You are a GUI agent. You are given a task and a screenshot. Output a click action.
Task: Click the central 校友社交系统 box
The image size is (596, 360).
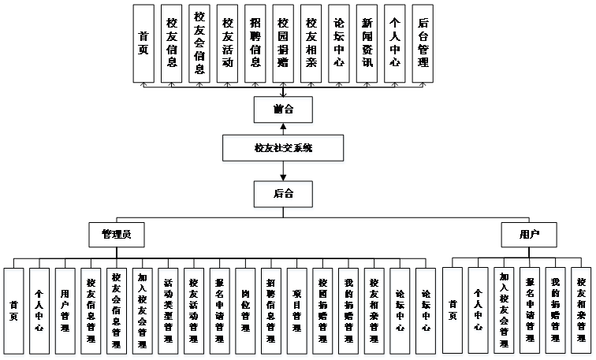pyautogui.click(x=281, y=147)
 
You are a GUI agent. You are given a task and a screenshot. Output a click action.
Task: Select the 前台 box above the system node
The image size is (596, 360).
pyautogui.click(x=281, y=109)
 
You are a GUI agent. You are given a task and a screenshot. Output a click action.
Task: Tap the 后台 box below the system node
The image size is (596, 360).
pyautogui.click(x=281, y=192)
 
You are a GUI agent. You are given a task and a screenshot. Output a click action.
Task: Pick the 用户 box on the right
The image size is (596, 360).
pyautogui.click(x=528, y=234)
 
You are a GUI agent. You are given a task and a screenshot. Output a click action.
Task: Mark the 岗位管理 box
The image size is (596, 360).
pyautogui.click(x=245, y=305)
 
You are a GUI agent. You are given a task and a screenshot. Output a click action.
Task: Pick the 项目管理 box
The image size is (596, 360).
pyautogui.click(x=296, y=305)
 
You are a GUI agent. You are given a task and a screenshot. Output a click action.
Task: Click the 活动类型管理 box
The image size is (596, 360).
pyautogui.click(x=168, y=305)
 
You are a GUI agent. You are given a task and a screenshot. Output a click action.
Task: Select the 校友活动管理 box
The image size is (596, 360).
pyautogui.click(x=194, y=305)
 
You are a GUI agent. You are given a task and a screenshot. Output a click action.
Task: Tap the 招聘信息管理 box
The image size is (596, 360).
pyautogui.click(x=270, y=305)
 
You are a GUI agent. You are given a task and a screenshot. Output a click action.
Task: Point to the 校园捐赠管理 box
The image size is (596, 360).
pyautogui.click(x=322, y=305)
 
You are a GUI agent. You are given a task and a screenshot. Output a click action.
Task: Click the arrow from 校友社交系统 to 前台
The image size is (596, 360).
pyautogui.click(x=281, y=128)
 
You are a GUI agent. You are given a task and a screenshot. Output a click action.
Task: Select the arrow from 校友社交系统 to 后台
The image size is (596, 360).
pyautogui.click(x=281, y=170)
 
